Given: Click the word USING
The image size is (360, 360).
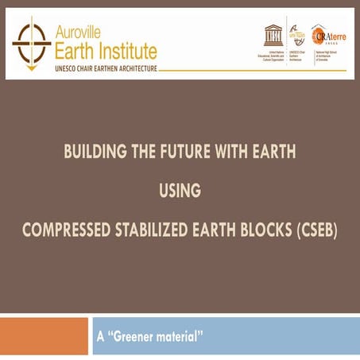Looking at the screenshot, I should (x=179, y=191).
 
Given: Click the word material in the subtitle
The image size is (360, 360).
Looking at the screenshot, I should (x=180, y=336).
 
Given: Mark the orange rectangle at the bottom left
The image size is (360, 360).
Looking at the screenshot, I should (x=43, y=336).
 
